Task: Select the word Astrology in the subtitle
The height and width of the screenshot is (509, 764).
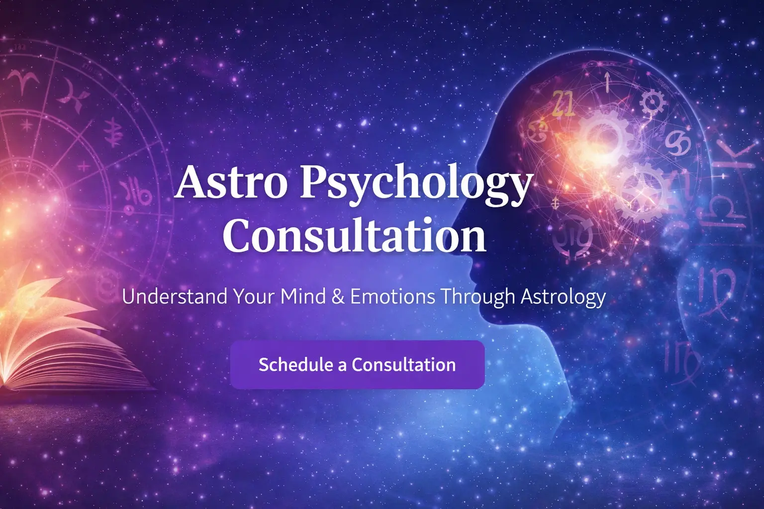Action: click(x=563, y=297)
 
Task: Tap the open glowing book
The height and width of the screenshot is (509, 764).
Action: click(x=60, y=343)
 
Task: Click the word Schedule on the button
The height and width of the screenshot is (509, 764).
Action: click(x=295, y=364)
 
